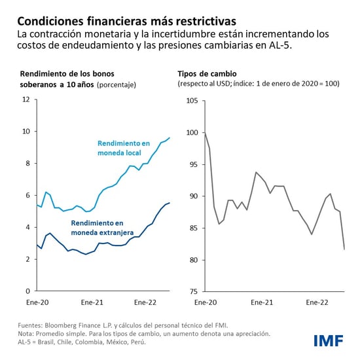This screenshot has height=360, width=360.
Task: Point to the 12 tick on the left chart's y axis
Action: point(26,99)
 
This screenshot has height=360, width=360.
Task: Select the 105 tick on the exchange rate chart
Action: point(192,100)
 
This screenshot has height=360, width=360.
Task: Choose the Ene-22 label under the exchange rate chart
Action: point(317,303)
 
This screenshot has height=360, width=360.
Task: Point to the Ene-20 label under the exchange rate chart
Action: point(206,303)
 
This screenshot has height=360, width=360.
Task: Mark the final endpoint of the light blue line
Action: point(170,137)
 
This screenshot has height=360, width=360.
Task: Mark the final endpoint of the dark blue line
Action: point(170,203)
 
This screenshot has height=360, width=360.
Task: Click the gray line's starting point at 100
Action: point(205,133)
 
